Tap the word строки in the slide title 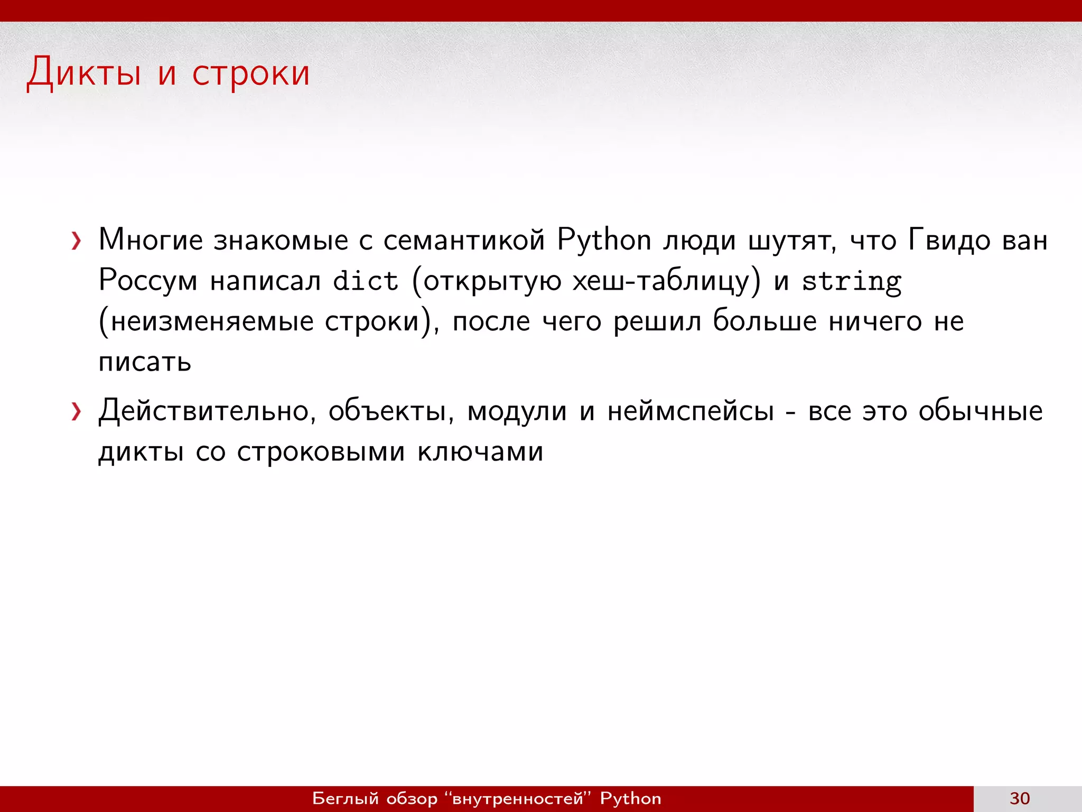pyautogui.click(x=250, y=74)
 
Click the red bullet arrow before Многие pyautogui.click(x=77, y=242)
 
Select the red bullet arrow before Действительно pyautogui.click(x=77, y=412)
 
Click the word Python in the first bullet pyautogui.click(x=604, y=241)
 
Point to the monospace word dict pyautogui.click(x=365, y=281)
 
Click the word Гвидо pyautogui.click(x=949, y=241)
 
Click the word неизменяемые pyautogui.click(x=212, y=321)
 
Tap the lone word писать pyautogui.click(x=145, y=362)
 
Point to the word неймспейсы pyautogui.click(x=691, y=412)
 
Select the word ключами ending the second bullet pyautogui.click(x=480, y=452)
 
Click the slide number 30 pyautogui.click(x=1020, y=798)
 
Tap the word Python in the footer pyautogui.click(x=630, y=798)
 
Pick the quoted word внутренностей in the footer pyautogui.click(x=518, y=798)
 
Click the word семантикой pyautogui.click(x=464, y=241)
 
